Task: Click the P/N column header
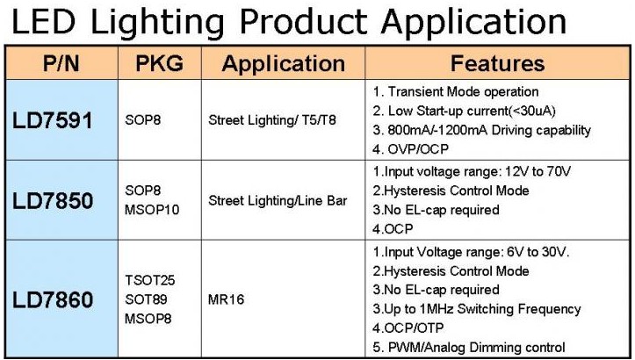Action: (61, 63)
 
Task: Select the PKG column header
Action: (159, 63)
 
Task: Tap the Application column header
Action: (284, 64)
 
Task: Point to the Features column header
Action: (497, 63)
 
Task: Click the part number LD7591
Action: (53, 120)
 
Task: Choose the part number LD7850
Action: (53, 200)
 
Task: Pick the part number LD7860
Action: (53, 299)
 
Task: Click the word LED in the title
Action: (43, 21)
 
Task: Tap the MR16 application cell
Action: (226, 299)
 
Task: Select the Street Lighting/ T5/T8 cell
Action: (272, 120)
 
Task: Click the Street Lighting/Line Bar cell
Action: (278, 201)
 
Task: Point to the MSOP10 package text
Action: (152, 210)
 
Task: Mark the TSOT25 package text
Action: (150, 280)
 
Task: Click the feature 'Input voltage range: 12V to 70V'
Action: (472, 172)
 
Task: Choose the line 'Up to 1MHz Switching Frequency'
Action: (477, 309)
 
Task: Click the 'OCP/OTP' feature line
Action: (408, 328)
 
